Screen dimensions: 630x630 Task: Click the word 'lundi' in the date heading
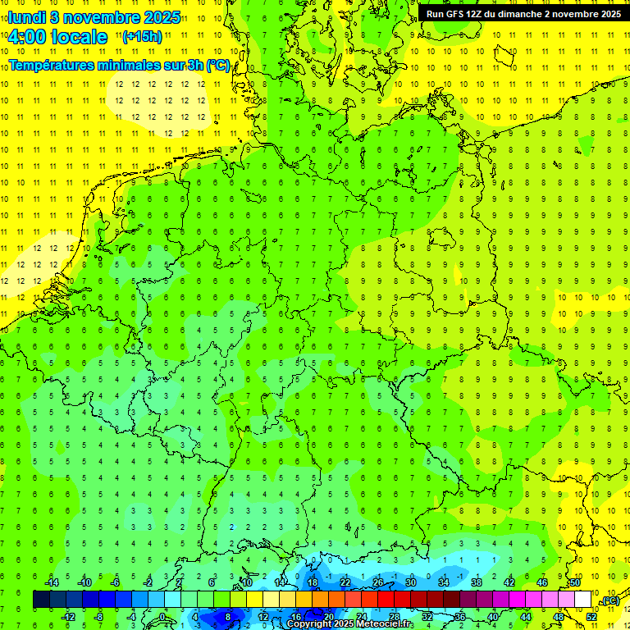tap(26, 17)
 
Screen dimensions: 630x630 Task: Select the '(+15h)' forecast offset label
tap(142, 36)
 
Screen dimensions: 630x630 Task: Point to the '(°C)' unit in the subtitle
tap(218, 65)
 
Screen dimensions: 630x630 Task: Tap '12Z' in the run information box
tap(481, 14)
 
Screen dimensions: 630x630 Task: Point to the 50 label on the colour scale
tap(575, 582)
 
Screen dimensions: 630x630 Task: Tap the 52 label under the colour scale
tap(591, 617)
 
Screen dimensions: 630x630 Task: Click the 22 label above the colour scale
tap(345, 582)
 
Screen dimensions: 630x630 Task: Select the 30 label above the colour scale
tap(411, 582)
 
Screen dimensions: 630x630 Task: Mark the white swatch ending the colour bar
tap(583, 600)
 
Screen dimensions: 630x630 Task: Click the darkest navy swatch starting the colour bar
tap(41, 600)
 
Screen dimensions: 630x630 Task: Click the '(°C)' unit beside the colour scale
tap(610, 601)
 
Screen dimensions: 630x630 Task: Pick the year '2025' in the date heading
tap(161, 17)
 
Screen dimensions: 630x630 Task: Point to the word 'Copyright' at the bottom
tap(309, 624)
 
